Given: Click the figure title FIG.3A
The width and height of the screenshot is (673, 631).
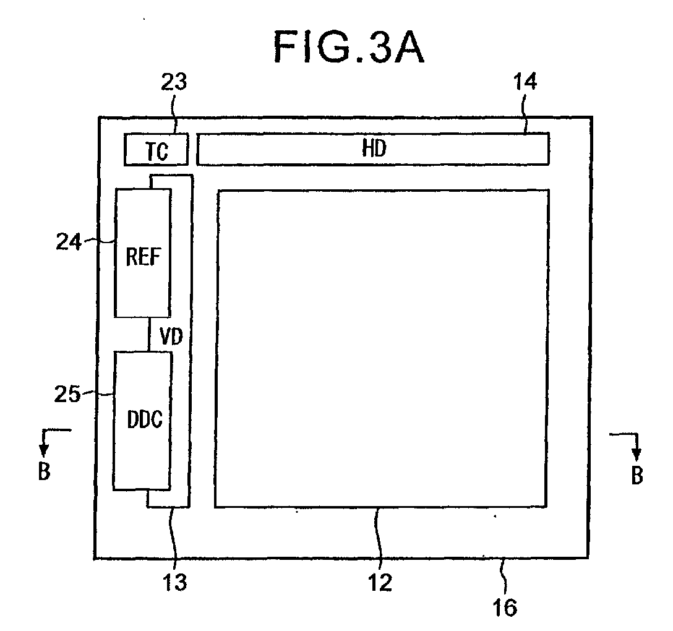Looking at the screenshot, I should (349, 48).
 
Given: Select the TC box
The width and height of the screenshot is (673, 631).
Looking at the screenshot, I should (156, 150).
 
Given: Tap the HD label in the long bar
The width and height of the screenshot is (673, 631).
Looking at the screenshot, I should (374, 148).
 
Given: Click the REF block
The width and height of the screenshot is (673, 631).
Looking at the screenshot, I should (143, 253).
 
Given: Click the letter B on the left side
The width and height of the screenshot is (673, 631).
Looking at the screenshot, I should (43, 471).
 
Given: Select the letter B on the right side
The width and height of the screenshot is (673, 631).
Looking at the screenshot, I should (636, 475).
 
